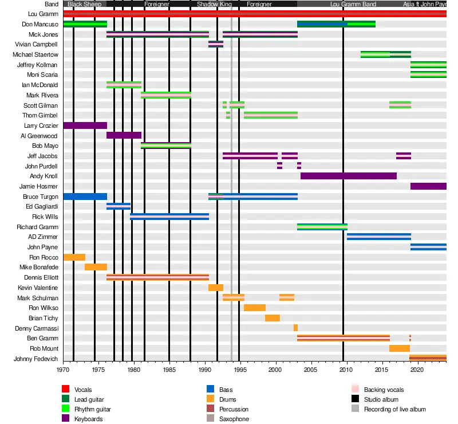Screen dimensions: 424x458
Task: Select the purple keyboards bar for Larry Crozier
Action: tap(85, 125)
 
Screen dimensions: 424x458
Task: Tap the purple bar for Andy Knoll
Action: tap(348, 176)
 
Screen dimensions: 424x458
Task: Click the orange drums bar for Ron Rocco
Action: tap(74, 257)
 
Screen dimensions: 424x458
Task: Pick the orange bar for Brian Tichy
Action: tap(272, 318)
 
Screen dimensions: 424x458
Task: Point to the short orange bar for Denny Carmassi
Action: tap(295, 328)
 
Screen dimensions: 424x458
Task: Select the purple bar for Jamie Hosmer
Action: tap(428, 186)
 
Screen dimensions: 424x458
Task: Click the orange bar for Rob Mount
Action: tap(399, 348)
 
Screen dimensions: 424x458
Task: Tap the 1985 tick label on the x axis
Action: tap(169, 370)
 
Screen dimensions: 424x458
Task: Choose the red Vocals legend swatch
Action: tap(66, 390)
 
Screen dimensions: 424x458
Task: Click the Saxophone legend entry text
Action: tap(234, 419)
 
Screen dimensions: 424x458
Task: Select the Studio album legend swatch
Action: tap(355, 399)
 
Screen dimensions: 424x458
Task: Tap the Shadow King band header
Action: tap(215, 4)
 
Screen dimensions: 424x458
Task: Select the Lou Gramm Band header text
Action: tap(353, 4)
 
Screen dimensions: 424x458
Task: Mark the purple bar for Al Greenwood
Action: tap(124, 135)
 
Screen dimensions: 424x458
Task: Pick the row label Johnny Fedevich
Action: tap(36, 359)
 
